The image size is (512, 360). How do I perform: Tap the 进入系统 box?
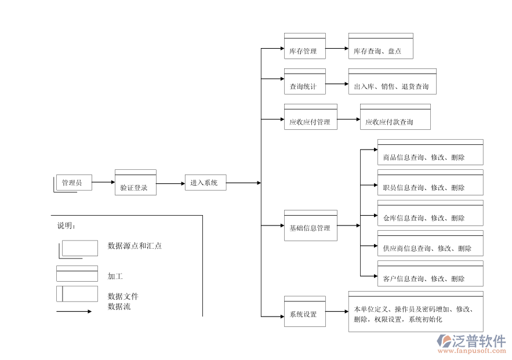[205, 183]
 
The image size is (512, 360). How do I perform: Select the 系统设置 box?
[304, 312]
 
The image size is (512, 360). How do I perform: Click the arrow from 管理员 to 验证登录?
[103, 182]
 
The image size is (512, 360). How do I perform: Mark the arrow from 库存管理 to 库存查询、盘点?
[336, 49]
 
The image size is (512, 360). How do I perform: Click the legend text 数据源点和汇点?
[135, 246]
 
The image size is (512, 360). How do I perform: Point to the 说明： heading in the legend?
[66, 226]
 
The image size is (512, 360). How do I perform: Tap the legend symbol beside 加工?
[77, 274]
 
